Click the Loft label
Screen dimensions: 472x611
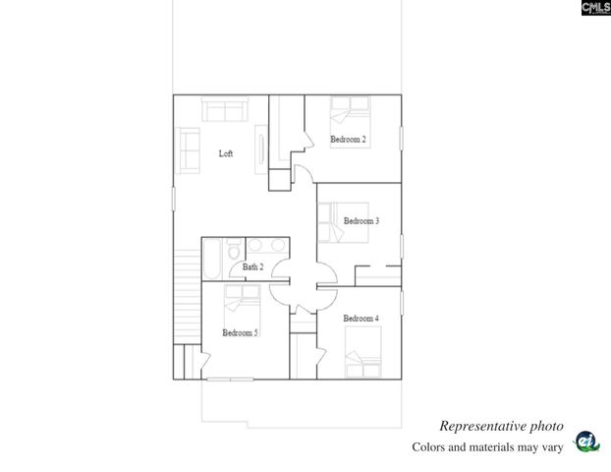225,153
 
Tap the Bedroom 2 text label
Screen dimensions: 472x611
348,140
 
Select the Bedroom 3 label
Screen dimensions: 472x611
361,221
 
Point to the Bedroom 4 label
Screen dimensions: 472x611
361,319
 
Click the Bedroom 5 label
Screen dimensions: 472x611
240,332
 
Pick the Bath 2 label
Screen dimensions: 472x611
253,266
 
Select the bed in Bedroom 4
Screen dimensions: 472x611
364,349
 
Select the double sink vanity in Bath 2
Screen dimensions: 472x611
266,246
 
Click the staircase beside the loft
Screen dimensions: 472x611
187,295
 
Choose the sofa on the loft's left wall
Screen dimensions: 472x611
187,149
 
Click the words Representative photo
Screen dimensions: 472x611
501,426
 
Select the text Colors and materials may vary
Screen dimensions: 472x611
486,447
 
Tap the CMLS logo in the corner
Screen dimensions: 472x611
595,9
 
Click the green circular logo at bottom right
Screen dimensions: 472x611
585,442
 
